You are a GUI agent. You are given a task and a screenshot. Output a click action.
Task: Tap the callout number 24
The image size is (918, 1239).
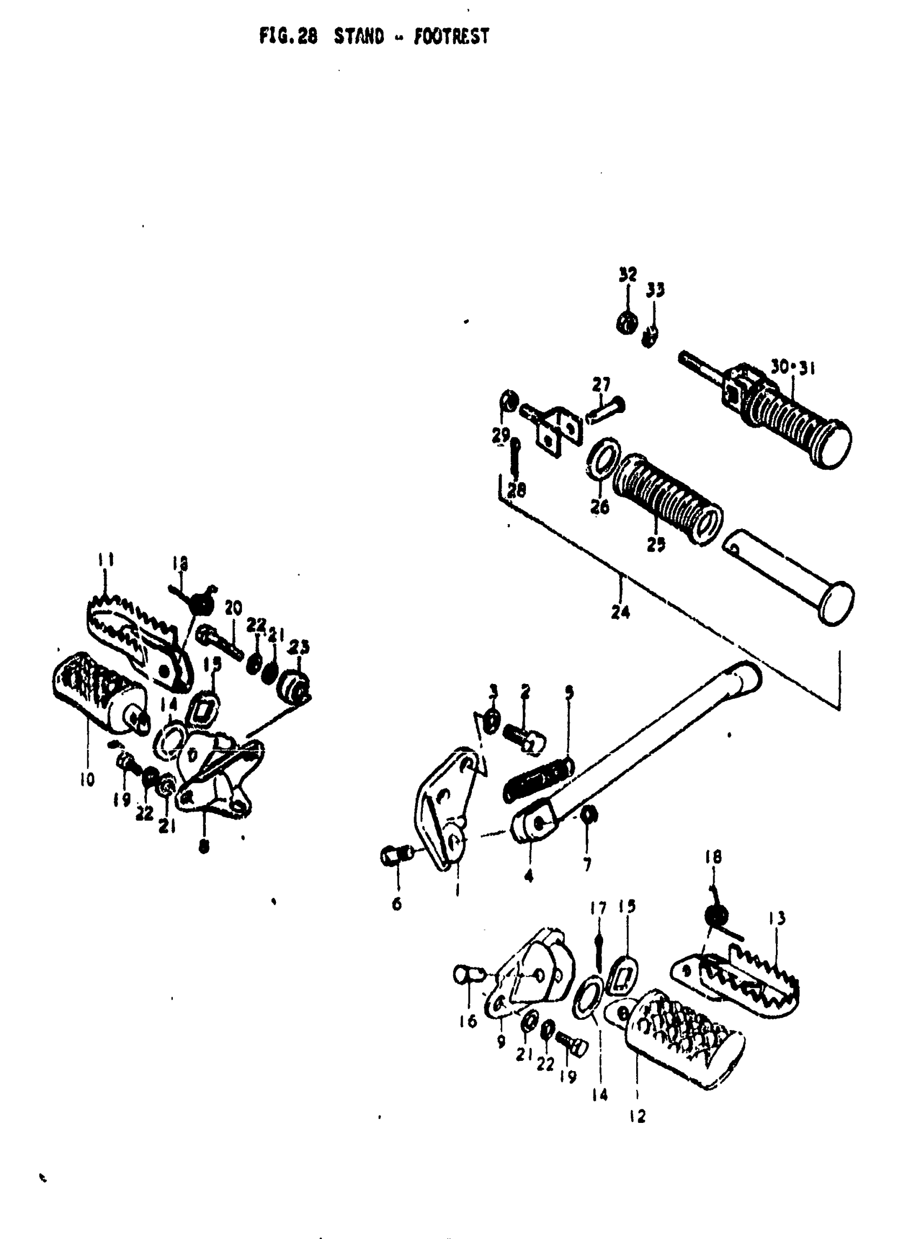click(x=620, y=612)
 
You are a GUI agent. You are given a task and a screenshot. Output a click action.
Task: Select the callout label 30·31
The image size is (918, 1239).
click(x=792, y=367)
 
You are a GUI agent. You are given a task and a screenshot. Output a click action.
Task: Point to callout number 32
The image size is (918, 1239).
click(x=627, y=274)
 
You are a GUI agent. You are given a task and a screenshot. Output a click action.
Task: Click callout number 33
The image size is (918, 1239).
click(x=656, y=290)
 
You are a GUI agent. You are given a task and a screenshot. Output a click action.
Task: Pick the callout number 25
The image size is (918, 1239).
click(x=656, y=545)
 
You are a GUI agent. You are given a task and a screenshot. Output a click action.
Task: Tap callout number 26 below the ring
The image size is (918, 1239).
click(x=600, y=506)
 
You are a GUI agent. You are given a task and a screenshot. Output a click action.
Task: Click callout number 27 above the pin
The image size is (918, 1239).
click(x=600, y=384)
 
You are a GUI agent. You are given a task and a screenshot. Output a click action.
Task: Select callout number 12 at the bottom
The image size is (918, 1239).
click(x=637, y=1115)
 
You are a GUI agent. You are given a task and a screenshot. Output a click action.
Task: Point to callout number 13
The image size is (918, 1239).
click(x=778, y=918)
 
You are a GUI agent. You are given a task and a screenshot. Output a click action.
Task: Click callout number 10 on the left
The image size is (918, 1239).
click(x=87, y=779)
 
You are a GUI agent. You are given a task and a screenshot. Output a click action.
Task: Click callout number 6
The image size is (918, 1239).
click(x=397, y=904)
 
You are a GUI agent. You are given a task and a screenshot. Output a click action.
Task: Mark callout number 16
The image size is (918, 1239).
click(x=468, y=1021)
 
